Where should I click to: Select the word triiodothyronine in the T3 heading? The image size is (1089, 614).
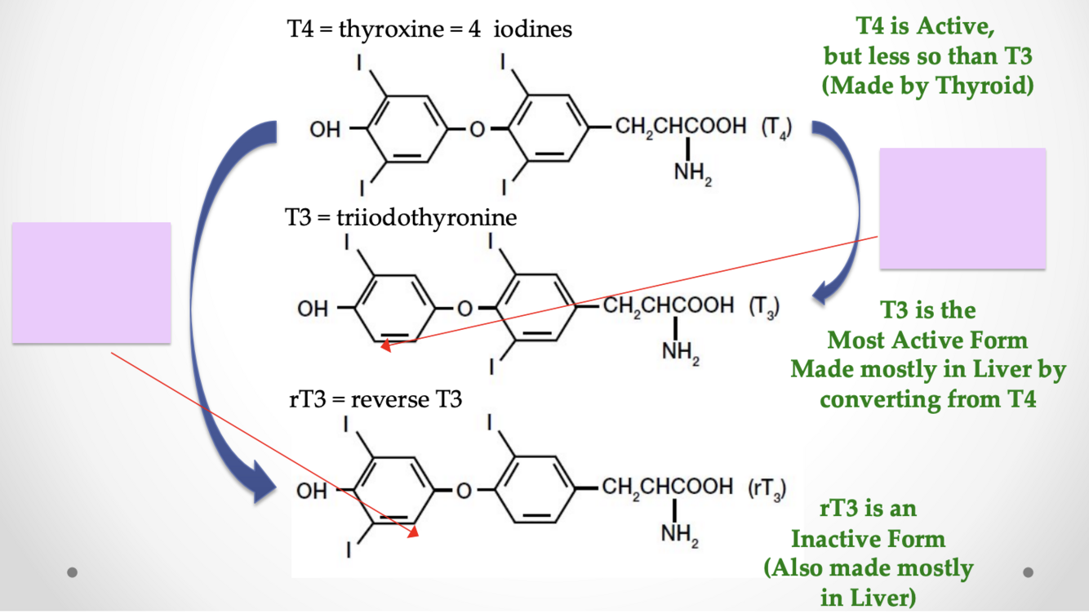[x=426, y=218]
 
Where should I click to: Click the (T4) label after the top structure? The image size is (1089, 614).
[x=775, y=129]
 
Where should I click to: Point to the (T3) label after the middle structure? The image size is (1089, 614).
[x=763, y=307]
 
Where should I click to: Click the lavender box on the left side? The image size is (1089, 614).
[x=91, y=283]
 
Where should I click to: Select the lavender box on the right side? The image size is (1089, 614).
[x=962, y=208]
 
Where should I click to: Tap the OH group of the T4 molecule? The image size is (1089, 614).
[x=324, y=130]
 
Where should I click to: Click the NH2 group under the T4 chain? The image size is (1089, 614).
[x=692, y=174]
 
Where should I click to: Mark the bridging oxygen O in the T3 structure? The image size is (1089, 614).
[x=464, y=309]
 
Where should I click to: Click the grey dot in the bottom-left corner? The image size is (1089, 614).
[x=73, y=572]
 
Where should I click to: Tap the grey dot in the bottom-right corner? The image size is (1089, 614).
[x=1028, y=572]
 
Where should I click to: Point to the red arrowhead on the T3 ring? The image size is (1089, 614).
[x=386, y=346]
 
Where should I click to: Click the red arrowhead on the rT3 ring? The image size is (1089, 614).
[x=413, y=532]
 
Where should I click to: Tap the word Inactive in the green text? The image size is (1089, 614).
[x=867, y=539]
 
